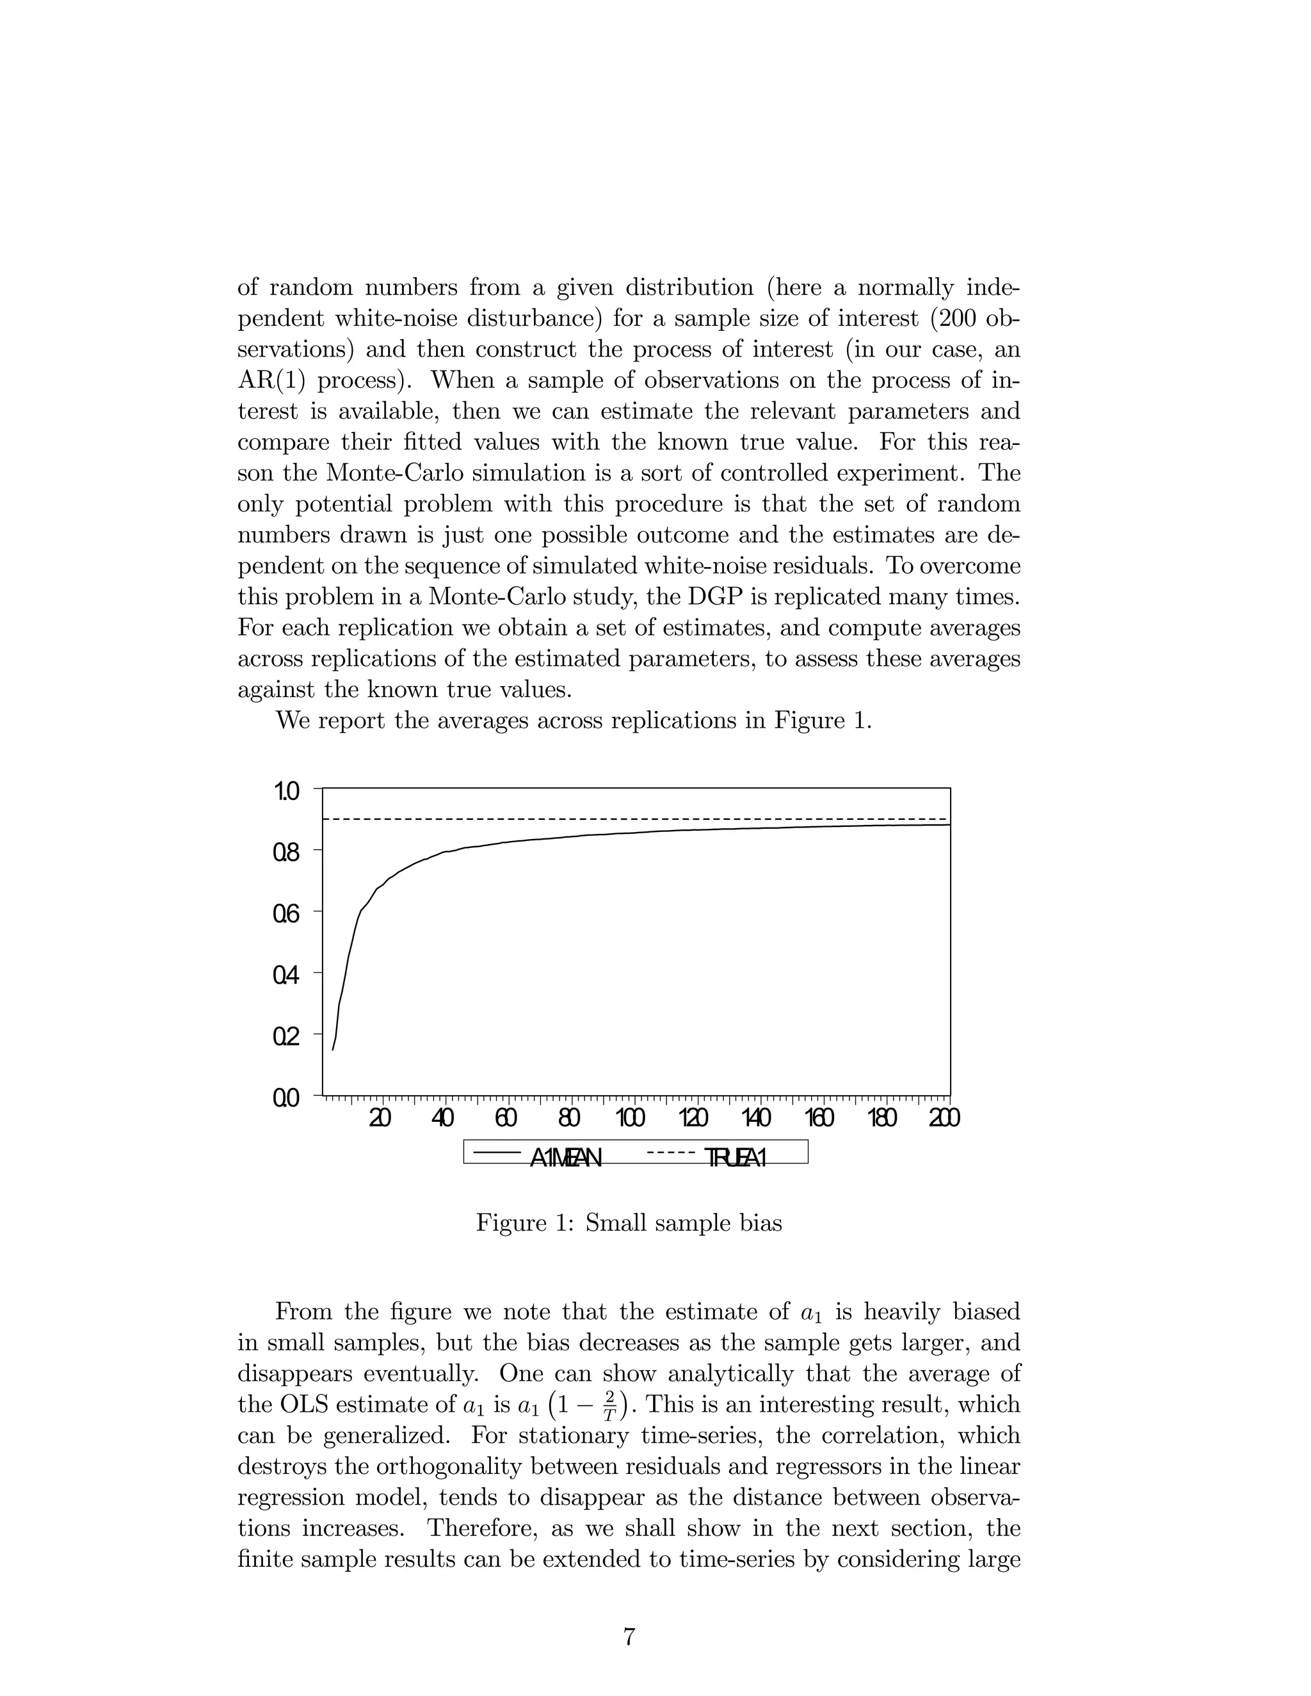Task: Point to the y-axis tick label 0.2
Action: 286,1037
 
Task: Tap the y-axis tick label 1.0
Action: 286,792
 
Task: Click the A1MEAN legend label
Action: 565,1158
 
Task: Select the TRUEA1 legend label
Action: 736,1158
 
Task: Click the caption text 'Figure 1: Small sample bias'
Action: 629,1223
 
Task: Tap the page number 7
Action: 629,1637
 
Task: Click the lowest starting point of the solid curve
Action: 333,1050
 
